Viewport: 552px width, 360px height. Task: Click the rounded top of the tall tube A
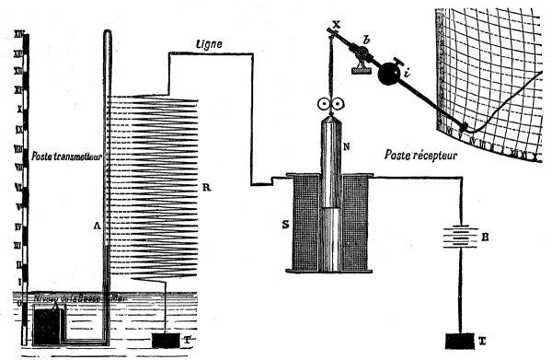pos(109,35)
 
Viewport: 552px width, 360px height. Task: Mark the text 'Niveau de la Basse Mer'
pos(69,297)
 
